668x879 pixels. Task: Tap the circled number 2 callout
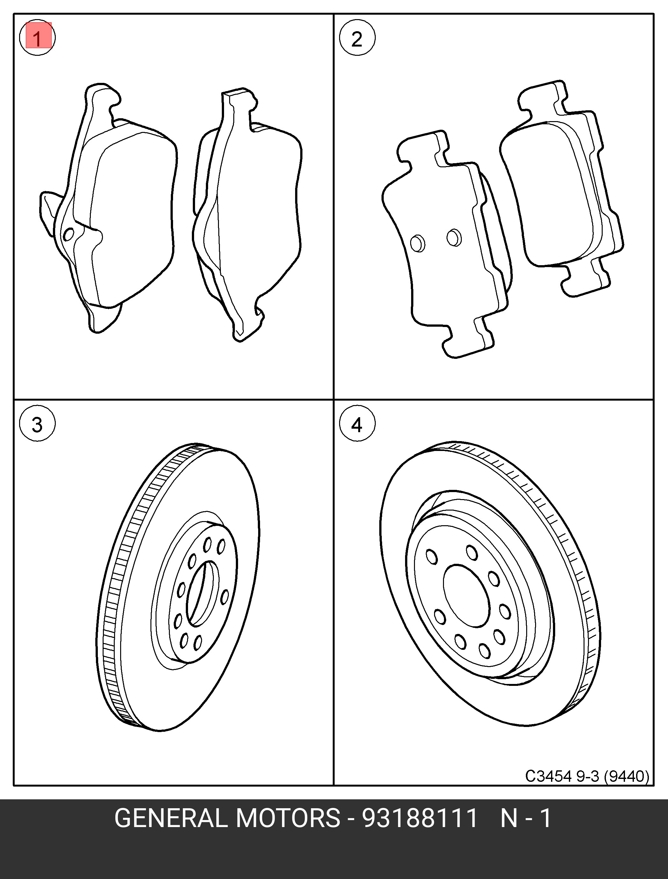(x=357, y=39)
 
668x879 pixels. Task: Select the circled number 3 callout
(x=37, y=424)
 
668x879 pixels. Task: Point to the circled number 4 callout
(x=357, y=424)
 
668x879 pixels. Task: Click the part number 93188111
(x=419, y=818)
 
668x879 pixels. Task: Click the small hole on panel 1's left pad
(x=69, y=235)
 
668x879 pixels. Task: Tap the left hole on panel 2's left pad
(x=417, y=243)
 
